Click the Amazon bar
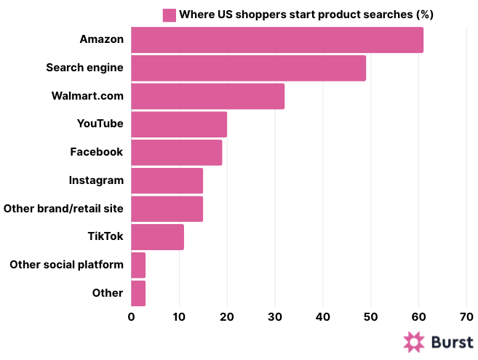click(x=276, y=40)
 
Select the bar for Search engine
click(x=248, y=68)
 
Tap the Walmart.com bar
click(x=207, y=96)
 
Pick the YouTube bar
click(x=179, y=124)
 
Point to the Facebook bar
click(x=176, y=152)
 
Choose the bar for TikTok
click(x=157, y=237)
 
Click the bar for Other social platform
click(x=138, y=265)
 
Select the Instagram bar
click(x=167, y=180)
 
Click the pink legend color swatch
click(x=169, y=15)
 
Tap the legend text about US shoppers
click(x=306, y=15)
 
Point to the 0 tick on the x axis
click(x=131, y=317)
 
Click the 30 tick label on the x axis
click(x=275, y=317)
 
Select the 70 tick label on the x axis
click(x=466, y=317)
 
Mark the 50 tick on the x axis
click(x=370, y=317)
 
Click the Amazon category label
click(x=102, y=39)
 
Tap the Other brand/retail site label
click(x=63, y=209)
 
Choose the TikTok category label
click(x=105, y=236)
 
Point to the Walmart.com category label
click(x=87, y=96)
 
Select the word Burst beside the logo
click(x=452, y=343)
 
